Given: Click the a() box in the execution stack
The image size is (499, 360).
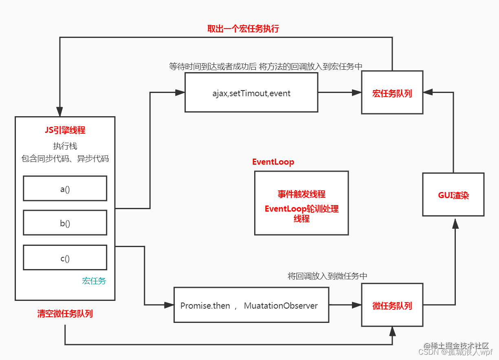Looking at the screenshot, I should pos(65,188).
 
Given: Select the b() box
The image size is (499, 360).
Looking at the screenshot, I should pos(65,223).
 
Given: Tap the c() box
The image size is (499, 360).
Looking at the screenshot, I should pos(65,258).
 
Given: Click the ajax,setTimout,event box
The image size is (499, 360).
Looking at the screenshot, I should pos(251,93).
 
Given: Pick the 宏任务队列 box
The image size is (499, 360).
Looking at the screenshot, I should pos(392,93).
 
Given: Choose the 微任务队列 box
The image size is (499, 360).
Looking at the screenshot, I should pos(392,305).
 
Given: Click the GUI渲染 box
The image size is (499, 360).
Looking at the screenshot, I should pos(453,194).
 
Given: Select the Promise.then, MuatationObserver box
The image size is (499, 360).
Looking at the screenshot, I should pos(251,305).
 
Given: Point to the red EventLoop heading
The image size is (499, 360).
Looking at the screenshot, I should pos(273,162).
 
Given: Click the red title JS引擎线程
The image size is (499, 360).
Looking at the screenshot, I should pos(65,130).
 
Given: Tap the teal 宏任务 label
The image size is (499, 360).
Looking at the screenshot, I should pos(94,280).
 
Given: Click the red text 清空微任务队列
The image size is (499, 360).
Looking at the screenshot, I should pos(65,314).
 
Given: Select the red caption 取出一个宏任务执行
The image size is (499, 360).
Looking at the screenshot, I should pos(243,29).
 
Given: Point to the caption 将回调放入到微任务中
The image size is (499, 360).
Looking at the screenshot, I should pos(327,276).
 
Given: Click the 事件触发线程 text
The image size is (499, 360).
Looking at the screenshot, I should pos(301,194).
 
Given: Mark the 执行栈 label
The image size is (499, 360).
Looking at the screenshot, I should pos(65,146).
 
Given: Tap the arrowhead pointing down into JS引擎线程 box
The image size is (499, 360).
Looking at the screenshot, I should pos(60,112).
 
